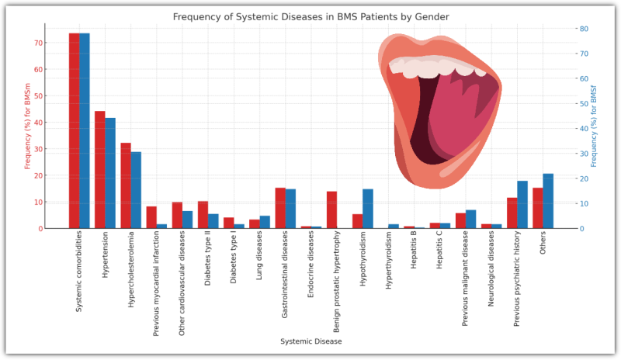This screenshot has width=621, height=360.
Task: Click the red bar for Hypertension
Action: point(100,170)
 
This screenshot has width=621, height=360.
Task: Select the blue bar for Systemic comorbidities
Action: point(85,131)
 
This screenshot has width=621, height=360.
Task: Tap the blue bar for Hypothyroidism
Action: point(368,209)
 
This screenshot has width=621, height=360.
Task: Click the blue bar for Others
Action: point(548,201)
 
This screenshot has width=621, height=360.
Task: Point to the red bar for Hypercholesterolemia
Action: point(126,185)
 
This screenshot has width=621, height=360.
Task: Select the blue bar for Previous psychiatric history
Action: point(522,205)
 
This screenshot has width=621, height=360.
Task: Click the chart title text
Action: point(310,16)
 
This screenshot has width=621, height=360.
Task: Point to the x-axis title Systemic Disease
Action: point(310,341)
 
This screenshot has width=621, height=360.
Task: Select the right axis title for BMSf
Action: point(594,128)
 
